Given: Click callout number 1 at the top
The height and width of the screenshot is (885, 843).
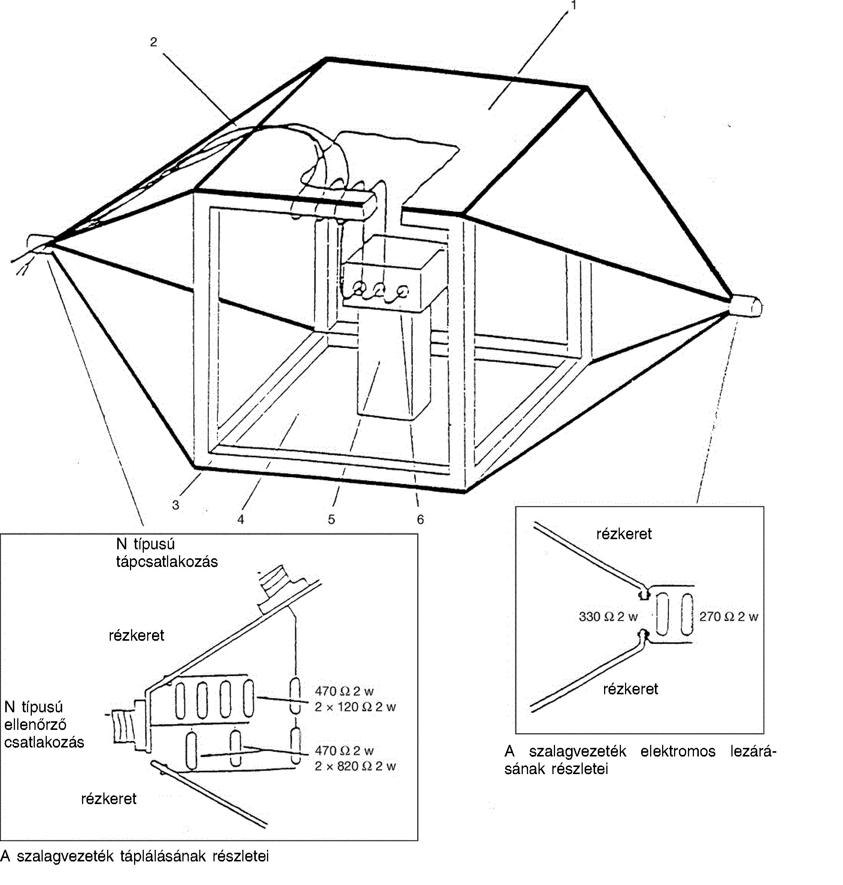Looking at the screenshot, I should pos(573,5).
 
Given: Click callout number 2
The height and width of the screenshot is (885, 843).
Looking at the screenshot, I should pos(154,42).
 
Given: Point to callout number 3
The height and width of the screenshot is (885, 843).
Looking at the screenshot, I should pos(176,505).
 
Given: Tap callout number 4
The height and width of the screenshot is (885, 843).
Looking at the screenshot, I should pos(241,520).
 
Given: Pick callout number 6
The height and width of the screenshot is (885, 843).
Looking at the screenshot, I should pos(420,520).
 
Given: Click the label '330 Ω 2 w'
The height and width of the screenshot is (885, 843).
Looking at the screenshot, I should pos(608,617).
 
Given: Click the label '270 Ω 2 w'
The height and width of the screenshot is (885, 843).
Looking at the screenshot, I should pos(728,617).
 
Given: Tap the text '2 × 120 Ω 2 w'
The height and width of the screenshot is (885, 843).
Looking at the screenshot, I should pos(355,707).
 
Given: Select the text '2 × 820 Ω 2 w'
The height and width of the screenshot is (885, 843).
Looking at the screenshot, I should pos(355,766).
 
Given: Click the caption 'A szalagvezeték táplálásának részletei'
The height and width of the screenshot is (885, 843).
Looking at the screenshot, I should pos(134,856).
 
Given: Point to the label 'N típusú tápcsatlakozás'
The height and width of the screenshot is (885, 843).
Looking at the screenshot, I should pos(167,553).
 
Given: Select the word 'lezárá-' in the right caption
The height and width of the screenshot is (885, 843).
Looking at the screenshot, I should pos(753,752).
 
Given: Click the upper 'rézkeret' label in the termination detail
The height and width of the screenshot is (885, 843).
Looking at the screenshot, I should pos(624,534).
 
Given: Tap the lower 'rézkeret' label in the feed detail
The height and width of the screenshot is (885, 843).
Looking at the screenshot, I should pos(109,799).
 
